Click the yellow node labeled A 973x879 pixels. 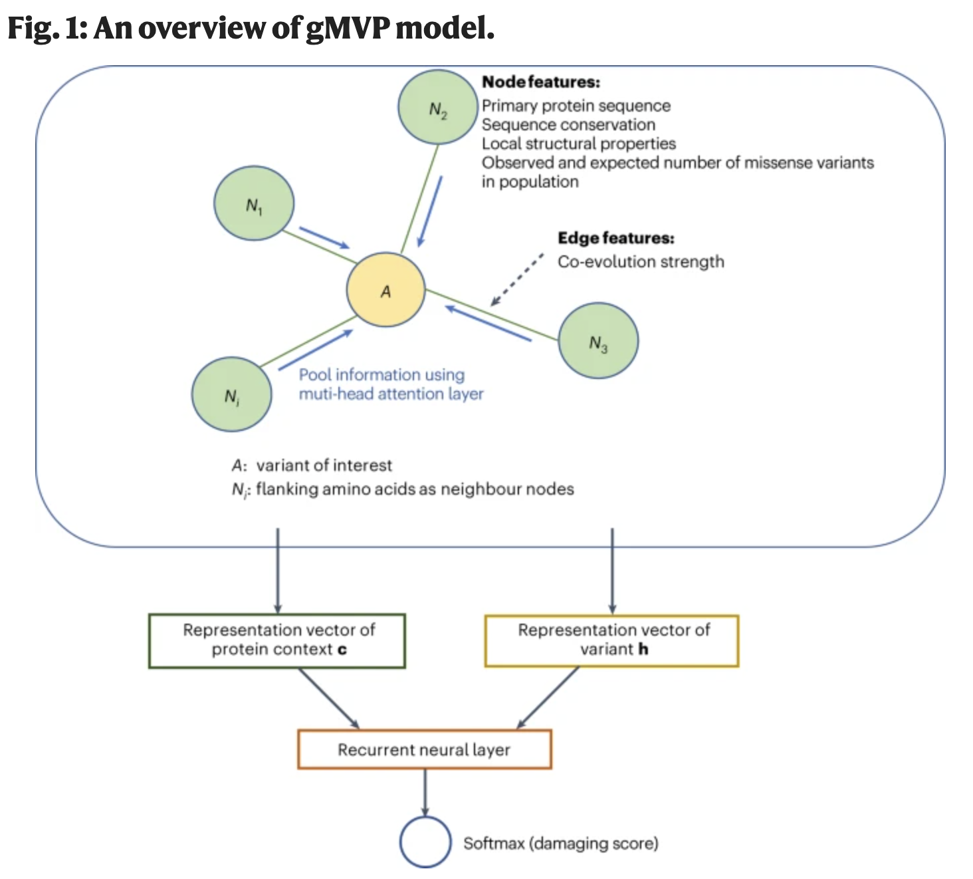[385, 290]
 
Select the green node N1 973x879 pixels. [254, 205]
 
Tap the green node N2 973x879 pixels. [438, 108]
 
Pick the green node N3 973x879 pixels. [598, 340]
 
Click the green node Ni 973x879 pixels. [232, 395]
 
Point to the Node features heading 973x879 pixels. [540, 82]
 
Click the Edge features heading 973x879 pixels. [615, 237]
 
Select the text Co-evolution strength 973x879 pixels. [640, 261]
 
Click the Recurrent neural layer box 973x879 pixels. [424, 749]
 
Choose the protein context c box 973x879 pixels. [277, 640]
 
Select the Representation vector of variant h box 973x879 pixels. [611, 640]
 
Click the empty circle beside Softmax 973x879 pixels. [425, 842]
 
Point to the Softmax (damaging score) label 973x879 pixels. [560, 843]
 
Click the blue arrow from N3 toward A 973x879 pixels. [488, 323]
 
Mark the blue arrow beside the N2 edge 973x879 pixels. [429, 211]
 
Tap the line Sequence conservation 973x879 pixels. [568, 124]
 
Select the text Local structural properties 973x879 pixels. [578, 144]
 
